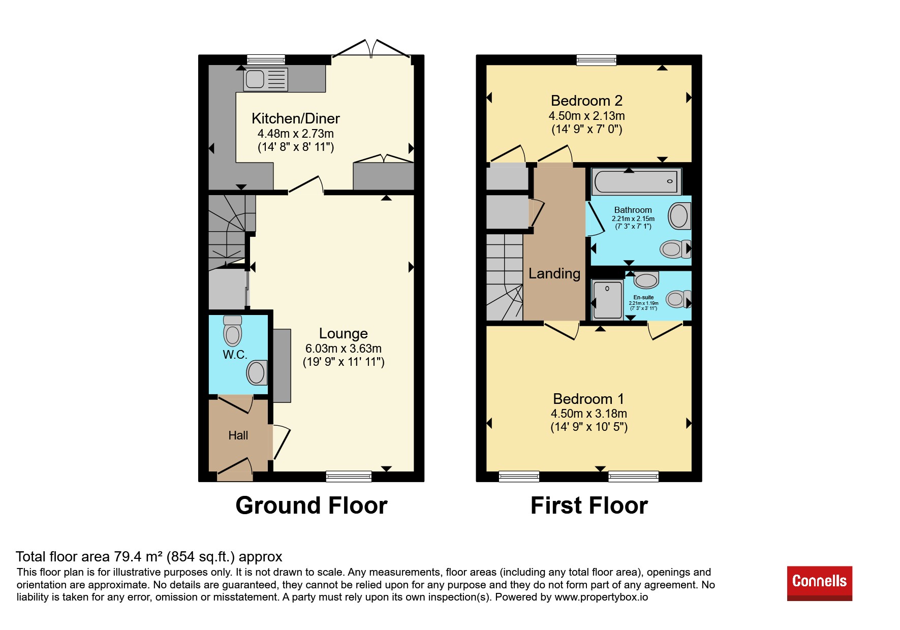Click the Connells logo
tap(819, 583)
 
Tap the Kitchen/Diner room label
tap(296, 119)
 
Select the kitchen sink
tap(266, 79)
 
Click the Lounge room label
tap(344, 334)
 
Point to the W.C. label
tap(235, 355)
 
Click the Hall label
tap(238, 435)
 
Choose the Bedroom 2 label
tap(586, 101)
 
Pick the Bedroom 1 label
tap(588, 399)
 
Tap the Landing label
tap(554, 274)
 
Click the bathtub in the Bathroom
tap(636, 181)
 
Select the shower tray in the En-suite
tap(607, 300)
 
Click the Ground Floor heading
tap(312, 506)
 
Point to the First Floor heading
tap(589, 506)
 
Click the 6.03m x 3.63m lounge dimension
tap(344, 349)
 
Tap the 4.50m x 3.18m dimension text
tap(589, 414)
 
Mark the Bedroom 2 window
tap(597, 60)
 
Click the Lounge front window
tap(349, 477)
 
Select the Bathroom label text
tap(633, 210)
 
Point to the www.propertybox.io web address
tap(601, 597)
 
